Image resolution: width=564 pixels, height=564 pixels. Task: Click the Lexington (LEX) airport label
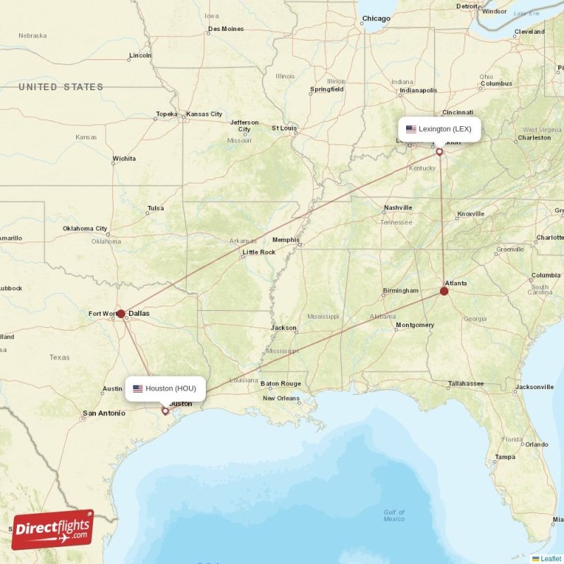tap(439, 129)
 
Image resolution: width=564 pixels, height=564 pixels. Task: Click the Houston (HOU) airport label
tap(166, 388)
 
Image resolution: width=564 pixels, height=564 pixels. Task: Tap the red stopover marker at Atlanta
tap(444, 290)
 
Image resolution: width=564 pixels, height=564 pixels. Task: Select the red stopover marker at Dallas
tap(121, 314)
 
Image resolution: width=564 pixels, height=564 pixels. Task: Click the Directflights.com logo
tap(53, 529)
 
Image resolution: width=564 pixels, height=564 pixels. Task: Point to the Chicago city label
tap(376, 18)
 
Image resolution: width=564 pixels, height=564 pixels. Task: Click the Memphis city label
tap(286, 240)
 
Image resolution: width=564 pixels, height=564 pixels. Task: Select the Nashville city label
tap(398, 208)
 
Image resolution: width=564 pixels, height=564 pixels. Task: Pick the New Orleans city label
tap(281, 398)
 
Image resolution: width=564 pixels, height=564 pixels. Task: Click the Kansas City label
tap(204, 114)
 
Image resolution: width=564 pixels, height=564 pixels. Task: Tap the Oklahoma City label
tap(85, 228)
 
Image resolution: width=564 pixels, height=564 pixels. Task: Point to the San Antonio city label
tap(104, 413)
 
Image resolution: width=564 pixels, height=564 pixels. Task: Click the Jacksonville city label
tap(534, 387)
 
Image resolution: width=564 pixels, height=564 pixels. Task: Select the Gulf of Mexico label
tap(394, 515)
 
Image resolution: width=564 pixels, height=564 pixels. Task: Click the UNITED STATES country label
tap(61, 87)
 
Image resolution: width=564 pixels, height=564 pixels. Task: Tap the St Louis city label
tap(284, 128)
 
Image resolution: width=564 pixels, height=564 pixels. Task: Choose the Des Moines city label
tap(226, 29)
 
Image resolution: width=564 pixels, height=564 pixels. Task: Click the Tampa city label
tap(505, 457)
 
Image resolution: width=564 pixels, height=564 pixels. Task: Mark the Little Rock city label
tap(259, 252)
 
